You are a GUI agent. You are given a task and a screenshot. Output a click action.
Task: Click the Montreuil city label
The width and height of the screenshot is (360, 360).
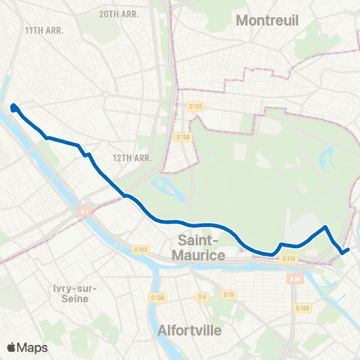[267, 21]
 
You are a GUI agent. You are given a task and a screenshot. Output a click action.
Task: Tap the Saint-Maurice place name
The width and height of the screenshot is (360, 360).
[202, 248]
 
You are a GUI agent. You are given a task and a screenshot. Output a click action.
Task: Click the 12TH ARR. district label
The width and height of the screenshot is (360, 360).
[132, 157]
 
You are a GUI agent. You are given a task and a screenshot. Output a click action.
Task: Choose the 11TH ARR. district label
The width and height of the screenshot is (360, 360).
[43, 30]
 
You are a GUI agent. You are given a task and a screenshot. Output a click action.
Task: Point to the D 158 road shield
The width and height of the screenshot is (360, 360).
[182, 137]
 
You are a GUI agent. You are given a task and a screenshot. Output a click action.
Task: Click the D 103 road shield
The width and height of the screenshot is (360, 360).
[140, 249]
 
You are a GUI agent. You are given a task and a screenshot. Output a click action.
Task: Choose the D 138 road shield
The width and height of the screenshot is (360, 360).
[158, 297]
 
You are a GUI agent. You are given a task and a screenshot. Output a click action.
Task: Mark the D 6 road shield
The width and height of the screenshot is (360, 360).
[202, 297]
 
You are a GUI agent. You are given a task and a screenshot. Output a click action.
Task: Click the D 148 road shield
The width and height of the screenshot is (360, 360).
[301, 307]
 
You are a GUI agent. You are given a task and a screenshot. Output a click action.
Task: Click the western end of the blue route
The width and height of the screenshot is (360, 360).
[14, 108]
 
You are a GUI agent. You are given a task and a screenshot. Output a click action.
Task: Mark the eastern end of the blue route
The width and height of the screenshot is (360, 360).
[349, 249]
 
